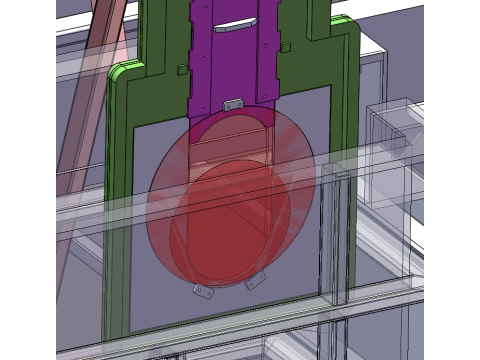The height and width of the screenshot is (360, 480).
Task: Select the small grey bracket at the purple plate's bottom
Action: tap(235, 103)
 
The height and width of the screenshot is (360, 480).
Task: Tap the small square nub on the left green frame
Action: tap(179, 70)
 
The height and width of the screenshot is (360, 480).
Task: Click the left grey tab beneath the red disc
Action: tap(203, 290)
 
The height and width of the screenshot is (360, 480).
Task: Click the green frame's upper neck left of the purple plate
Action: tap(166, 40)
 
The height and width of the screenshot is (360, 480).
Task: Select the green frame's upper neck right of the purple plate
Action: tap(305, 40)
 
